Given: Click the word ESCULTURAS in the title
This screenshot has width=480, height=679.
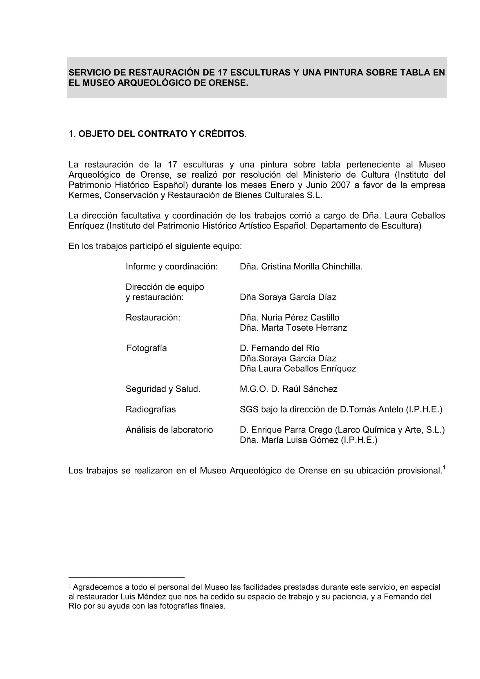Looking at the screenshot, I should [x=260, y=73].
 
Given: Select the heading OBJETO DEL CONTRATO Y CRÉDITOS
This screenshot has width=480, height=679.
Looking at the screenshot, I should [x=161, y=134].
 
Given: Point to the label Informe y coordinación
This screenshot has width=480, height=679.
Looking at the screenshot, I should [x=172, y=266].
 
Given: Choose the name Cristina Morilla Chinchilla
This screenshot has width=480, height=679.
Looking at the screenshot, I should [x=311, y=266].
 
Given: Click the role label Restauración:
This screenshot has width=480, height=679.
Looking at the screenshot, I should [x=153, y=317].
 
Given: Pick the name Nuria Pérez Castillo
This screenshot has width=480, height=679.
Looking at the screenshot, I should [x=300, y=317].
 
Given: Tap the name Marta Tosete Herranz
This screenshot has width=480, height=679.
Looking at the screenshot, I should [x=304, y=328].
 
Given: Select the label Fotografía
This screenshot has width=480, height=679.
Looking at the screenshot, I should [x=147, y=348].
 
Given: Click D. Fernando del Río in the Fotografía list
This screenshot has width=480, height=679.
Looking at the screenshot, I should [x=279, y=348].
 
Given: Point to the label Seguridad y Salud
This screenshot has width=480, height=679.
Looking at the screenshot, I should [x=163, y=389].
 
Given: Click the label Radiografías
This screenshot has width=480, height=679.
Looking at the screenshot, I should [x=150, y=409].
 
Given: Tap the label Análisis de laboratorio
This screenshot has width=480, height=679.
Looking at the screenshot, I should [x=169, y=430].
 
